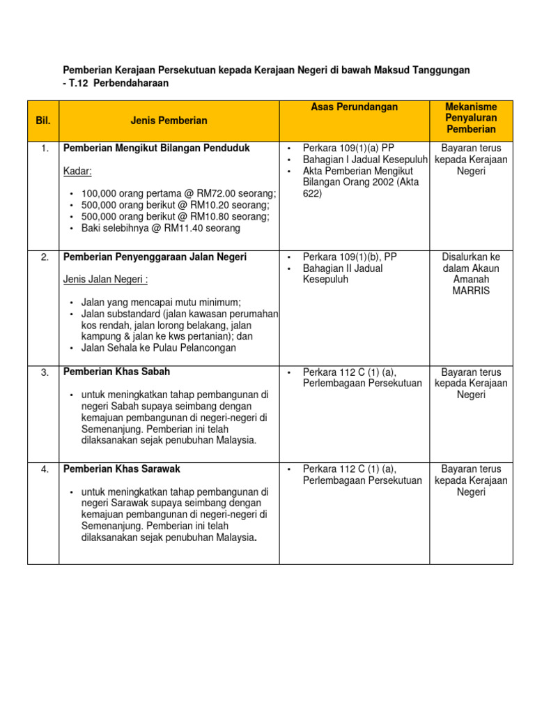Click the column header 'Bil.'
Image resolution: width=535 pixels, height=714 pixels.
pyautogui.click(x=43, y=121)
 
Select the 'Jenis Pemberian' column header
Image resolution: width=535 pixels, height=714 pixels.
pyautogui.click(x=169, y=121)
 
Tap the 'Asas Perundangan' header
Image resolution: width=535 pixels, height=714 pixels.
pyautogui.click(x=354, y=107)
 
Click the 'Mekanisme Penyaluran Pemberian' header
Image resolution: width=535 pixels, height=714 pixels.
pyautogui.click(x=471, y=118)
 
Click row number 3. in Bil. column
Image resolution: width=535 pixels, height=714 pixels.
pyautogui.click(x=44, y=372)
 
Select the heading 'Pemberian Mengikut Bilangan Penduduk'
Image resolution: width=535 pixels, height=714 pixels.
pyautogui.click(x=156, y=149)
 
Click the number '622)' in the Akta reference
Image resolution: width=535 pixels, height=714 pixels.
pyautogui.click(x=313, y=194)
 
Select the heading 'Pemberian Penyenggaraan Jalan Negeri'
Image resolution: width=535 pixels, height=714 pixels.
pyautogui.click(x=155, y=257)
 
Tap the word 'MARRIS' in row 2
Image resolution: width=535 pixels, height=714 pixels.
pyautogui.click(x=471, y=291)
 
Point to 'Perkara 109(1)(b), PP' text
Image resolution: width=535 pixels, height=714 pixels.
pyautogui.click(x=350, y=257)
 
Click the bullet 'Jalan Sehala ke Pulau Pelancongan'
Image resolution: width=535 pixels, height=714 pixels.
pyautogui.click(x=158, y=348)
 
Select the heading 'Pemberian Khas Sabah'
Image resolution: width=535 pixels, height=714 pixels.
pyautogui.click(x=116, y=372)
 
